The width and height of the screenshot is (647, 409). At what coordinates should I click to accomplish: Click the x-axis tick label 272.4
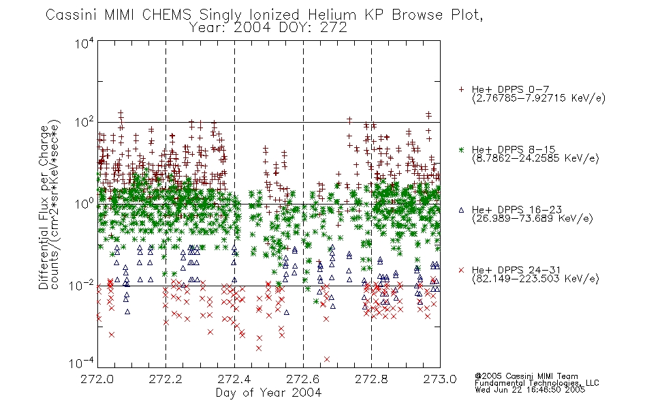(x=234, y=379)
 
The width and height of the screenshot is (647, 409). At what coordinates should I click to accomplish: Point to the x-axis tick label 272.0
(x=97, y=379)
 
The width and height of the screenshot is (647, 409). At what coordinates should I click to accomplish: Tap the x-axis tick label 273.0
(x=440, y=379)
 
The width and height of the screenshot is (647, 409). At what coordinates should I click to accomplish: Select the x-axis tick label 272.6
(x=302, y=379)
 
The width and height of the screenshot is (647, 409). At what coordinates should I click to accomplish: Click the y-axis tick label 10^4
(x=84, y=43)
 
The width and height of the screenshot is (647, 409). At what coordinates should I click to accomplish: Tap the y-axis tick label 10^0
(x=84, y=204)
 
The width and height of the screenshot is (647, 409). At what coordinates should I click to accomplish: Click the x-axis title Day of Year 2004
(x=268, y=393)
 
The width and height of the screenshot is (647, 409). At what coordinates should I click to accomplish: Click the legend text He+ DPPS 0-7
(x=510, y=89)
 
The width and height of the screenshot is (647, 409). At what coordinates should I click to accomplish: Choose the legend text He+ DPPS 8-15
(x=514, y=149)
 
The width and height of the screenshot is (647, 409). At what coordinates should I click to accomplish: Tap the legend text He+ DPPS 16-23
(x=517, y=209)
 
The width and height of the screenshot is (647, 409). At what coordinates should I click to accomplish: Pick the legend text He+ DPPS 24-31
(x=517, y=270)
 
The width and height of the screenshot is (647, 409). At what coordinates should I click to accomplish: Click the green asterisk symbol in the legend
(x=461, y=149)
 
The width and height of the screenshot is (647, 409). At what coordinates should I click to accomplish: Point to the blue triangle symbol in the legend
(x=461, y=210)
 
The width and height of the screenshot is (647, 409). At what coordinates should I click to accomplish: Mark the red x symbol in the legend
(x=461, y=270)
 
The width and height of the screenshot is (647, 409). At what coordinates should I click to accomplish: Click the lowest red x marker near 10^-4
(x=327, y=359)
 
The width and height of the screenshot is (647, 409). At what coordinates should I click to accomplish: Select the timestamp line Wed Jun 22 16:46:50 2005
(x=530, y=390)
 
